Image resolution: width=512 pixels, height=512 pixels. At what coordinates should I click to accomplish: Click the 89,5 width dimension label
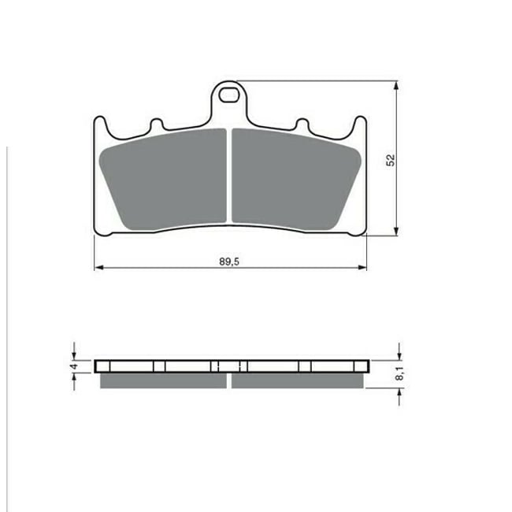tap(229, 260)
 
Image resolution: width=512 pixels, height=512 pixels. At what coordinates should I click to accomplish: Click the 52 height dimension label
tap(390, 159)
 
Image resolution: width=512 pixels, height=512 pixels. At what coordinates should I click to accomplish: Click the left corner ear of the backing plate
tap(99, 126)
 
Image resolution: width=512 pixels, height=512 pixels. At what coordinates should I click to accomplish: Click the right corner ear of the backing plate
tap(361, 126)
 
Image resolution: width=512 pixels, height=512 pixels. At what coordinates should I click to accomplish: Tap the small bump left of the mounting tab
tap(156, 124)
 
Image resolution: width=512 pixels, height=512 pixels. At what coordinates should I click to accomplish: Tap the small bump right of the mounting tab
tap(300, 124)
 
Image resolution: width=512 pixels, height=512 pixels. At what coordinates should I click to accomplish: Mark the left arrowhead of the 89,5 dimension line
tap(98, 269)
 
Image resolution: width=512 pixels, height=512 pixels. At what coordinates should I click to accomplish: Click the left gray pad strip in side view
tap(163, 380)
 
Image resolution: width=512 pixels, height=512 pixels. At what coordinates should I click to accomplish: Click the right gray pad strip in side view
tap(297, 380)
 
